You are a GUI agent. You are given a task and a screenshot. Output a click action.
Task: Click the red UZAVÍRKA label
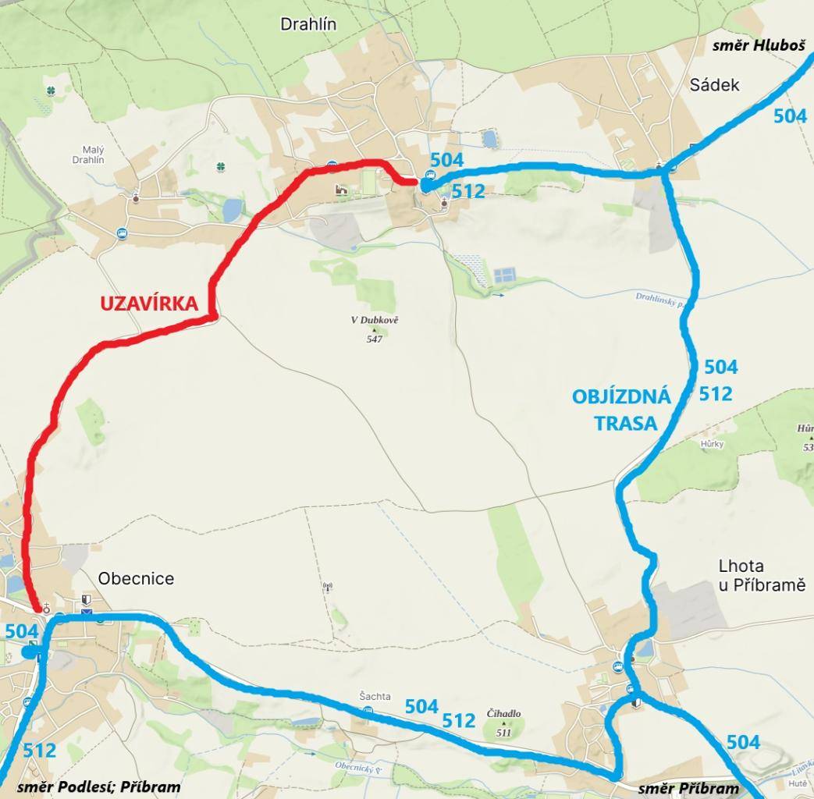pos(148,304)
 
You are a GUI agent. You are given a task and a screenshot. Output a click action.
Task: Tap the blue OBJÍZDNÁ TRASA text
pos(622,410)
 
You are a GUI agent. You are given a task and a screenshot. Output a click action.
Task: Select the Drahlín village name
pos(308,24)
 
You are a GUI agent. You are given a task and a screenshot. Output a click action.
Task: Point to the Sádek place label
pos(714,85)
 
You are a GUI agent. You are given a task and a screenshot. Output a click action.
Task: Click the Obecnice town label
pos(136,579)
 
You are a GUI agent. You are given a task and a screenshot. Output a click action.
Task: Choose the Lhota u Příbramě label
pos(761,575)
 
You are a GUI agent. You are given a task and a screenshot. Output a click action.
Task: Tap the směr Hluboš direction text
pos(758,45)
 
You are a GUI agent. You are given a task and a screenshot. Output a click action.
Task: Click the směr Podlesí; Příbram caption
pos(98,787)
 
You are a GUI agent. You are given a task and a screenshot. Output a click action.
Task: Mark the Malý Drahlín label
pos(88,154)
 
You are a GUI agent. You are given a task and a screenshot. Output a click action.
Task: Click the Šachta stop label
pos(375,697)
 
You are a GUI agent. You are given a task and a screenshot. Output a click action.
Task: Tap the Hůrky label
pos(712,444)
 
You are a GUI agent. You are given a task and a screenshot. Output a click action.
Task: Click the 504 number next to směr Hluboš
pos(790,116)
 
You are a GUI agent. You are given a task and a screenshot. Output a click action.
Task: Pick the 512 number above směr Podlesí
pos(39,751)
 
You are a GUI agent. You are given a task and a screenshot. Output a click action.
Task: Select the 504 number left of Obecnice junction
pos(21,631)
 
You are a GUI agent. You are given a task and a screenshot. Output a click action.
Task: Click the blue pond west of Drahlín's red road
pos(232,210)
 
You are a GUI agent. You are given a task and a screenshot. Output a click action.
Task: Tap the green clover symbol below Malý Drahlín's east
pos(222,167)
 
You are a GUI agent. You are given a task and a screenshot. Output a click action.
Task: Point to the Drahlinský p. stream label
pos(658,298)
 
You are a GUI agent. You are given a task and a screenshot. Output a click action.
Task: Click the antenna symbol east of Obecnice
pos(327,586)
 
